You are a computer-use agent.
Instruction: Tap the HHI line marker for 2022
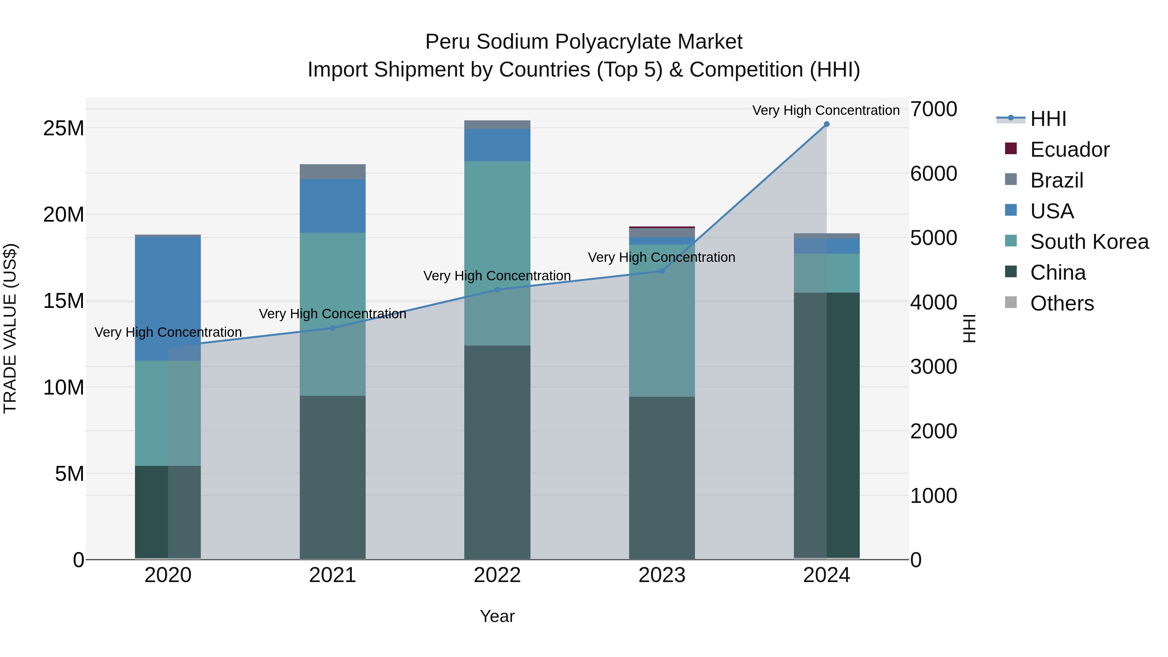coord(497,289)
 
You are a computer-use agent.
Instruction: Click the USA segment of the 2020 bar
coord(168,299)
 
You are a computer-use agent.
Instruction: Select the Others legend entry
coord(1062,303)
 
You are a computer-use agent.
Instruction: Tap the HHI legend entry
coord(1048,119)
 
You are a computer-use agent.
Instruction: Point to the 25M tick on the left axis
coord(64,128)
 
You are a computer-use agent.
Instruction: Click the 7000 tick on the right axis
coord(933,109)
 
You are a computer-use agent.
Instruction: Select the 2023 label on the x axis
coord(662,575)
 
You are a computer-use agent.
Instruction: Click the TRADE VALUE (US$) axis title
coord(10,328)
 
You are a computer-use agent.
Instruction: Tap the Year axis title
coord(497,616)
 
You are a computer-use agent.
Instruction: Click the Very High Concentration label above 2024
coord(826,110)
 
